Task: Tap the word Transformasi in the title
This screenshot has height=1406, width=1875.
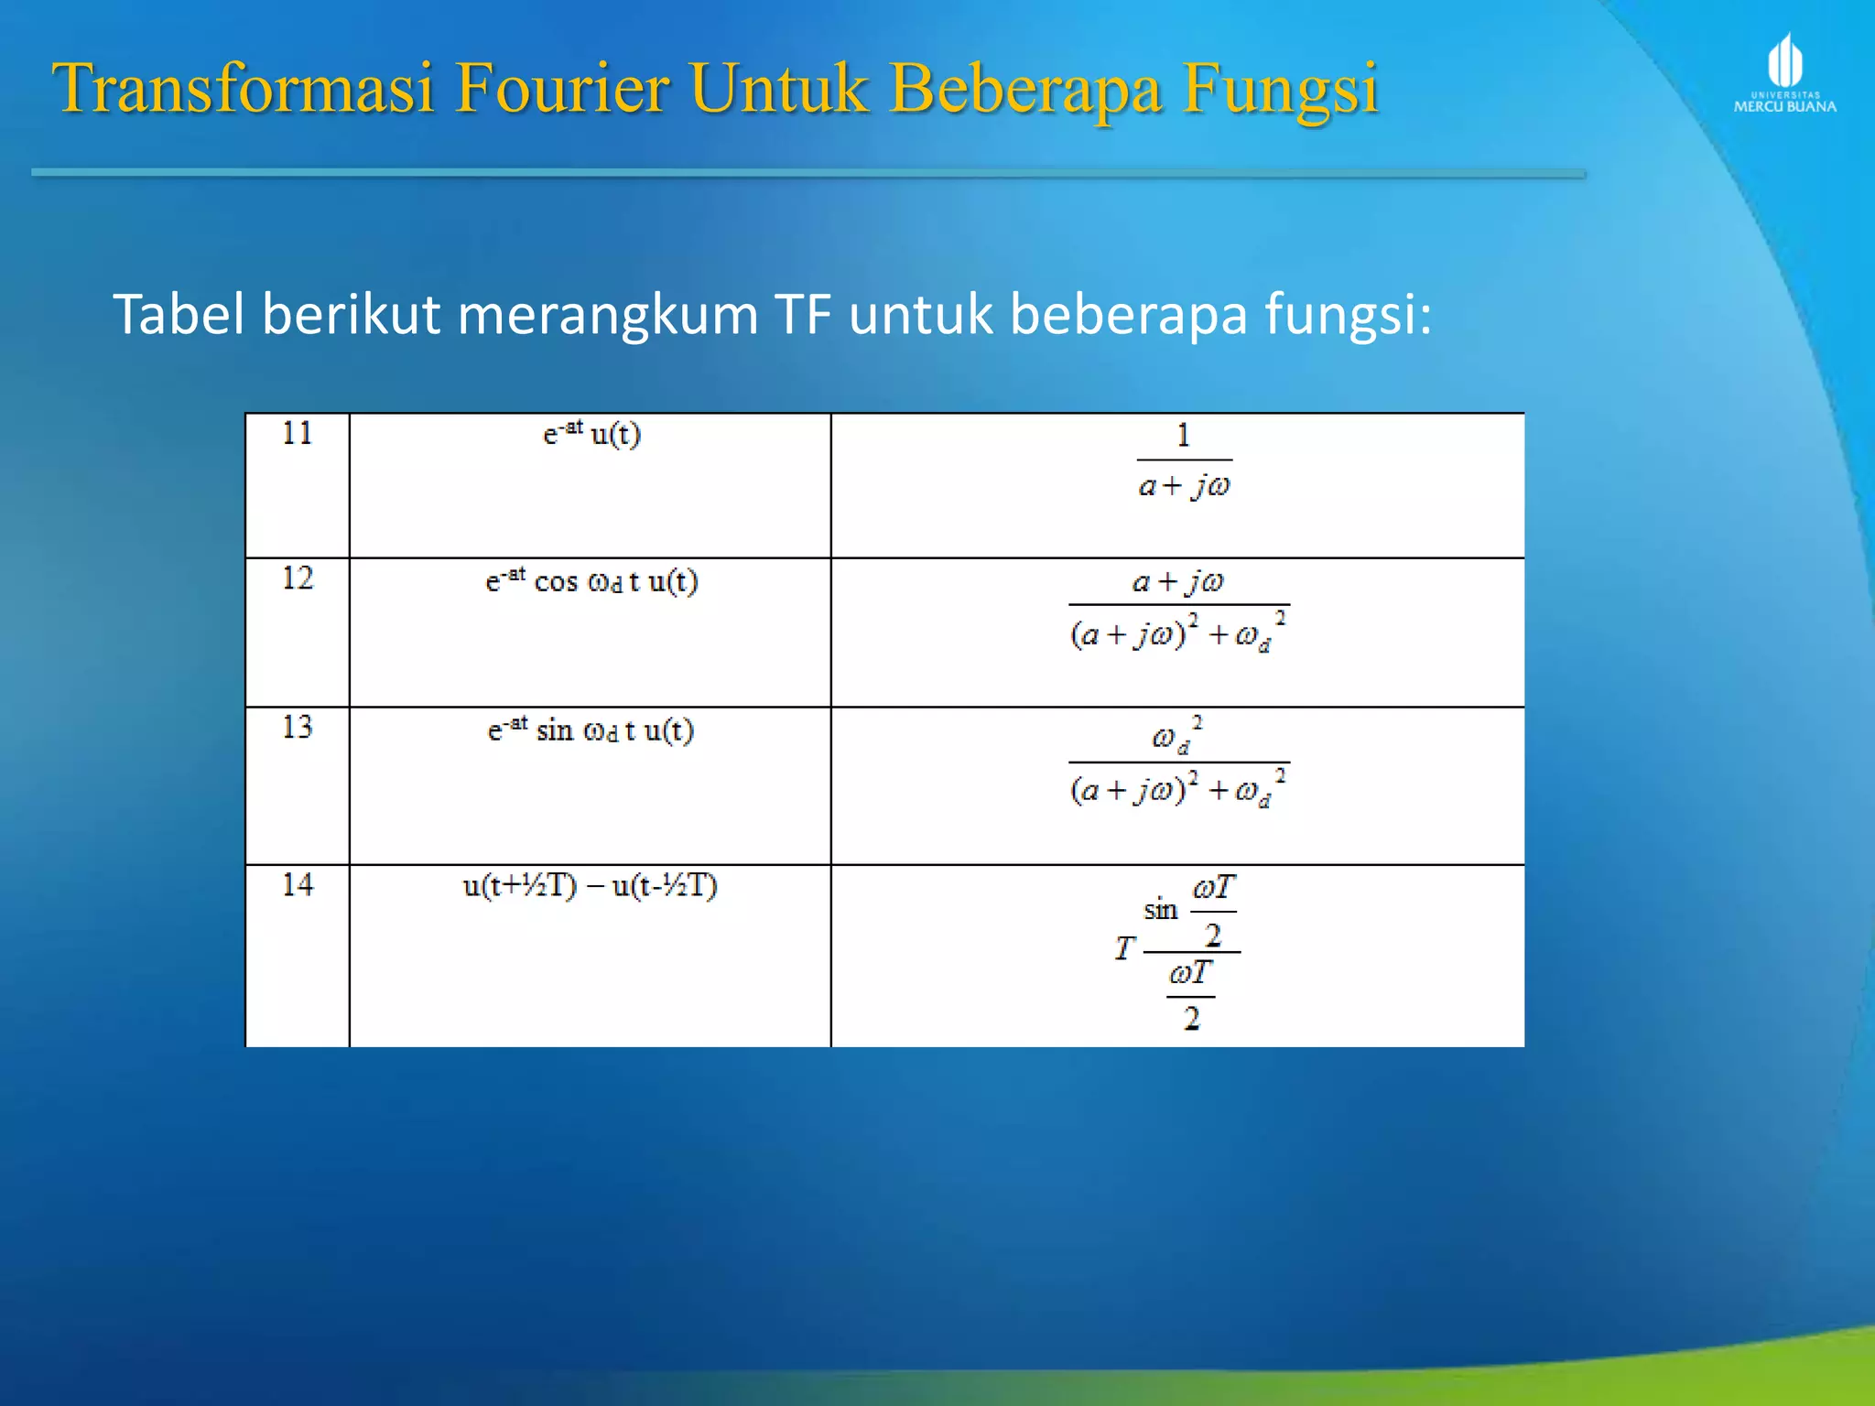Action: [x=243, y=89]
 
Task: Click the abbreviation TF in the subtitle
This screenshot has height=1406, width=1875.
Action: [x=803, y=314]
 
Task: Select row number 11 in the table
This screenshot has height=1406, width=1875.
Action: [x=298, y=433]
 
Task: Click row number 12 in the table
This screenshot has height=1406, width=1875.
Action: [x=298, y=579]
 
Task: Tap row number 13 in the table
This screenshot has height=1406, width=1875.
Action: [x=298, y=728]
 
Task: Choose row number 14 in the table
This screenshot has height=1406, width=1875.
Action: [x=298, y=885]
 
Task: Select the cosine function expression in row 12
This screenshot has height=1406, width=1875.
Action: [x=591, y=580]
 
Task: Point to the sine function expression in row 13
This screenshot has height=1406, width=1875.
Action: [x=591, y=730]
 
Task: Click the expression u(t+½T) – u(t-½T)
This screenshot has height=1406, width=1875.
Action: [x=591, y=885]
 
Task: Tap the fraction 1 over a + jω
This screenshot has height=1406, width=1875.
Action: [x=1184, y=460]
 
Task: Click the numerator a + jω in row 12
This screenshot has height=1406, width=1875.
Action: [x=1177, y=581]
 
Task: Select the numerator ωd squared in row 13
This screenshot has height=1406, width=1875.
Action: [x=1177, y=736]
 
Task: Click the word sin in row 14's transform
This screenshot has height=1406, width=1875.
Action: [x=1160, y=910]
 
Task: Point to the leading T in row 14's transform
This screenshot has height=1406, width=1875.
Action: [x=1124, y=948]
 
